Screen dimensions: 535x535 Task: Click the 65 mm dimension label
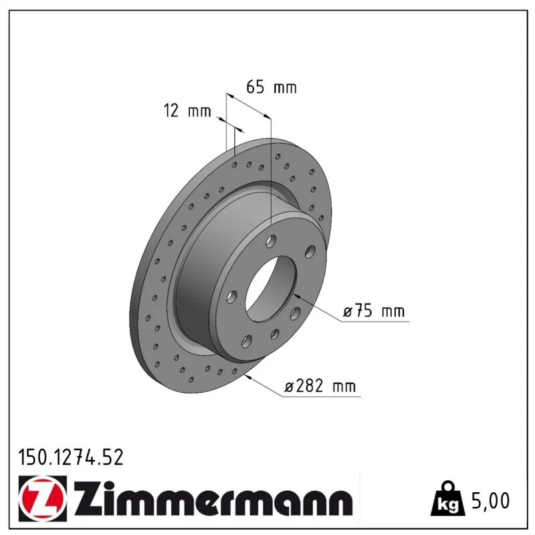pos(272,87)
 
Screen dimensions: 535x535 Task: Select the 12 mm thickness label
pos(187,111)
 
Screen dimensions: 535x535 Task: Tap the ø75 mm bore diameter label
pos(374,311)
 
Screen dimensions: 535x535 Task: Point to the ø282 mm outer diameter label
pos(320,387)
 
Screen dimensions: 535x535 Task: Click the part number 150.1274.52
pos(71,457)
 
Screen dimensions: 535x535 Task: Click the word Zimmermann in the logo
pos(213,498)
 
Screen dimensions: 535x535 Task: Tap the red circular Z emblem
pos(42,498)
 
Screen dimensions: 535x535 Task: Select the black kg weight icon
pos(448,499)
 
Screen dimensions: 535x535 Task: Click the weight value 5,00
pos(490,500)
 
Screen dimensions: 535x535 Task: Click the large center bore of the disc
pos(271,289)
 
